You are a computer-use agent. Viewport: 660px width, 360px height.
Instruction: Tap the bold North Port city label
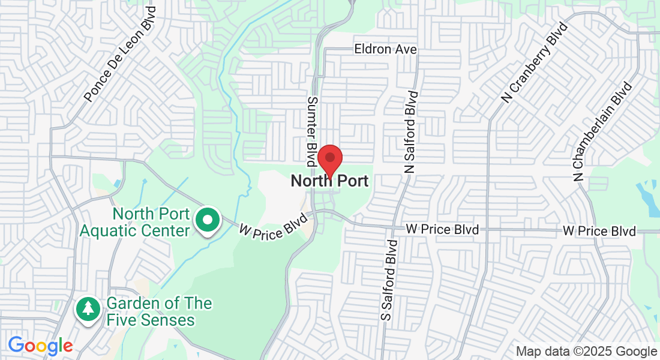[x=329, y=181]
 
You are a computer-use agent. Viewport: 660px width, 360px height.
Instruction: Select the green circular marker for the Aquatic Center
[x=208, y=221]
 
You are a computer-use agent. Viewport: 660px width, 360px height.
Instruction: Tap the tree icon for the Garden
[x=88, y=309]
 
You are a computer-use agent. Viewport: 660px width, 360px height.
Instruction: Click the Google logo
[x=40, y=346]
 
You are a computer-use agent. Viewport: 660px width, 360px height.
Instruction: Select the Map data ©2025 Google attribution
[x=586, y=352]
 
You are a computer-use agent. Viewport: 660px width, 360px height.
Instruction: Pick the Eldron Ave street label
[x=385, y=49]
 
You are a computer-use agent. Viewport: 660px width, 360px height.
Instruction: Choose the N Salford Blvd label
[x=410, y=132]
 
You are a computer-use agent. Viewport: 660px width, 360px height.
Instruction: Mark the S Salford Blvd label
[x=389, y=280]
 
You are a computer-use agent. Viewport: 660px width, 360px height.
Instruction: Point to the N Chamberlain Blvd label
[x=603, y=132]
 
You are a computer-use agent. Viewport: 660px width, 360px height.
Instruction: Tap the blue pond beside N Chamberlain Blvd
[x=647, y=198]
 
